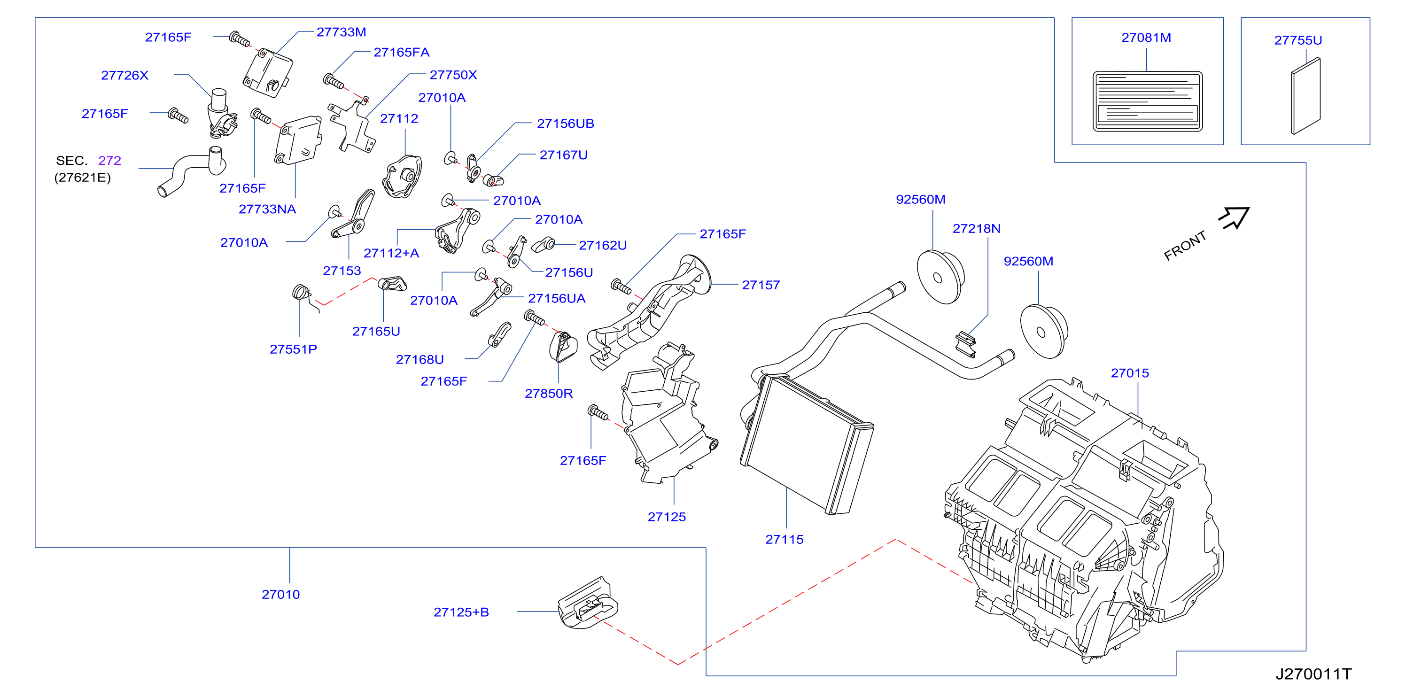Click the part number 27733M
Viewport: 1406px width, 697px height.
click(341, 32)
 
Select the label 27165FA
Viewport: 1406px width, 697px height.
click(401, 53)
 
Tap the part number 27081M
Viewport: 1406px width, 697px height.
click(1146, 38)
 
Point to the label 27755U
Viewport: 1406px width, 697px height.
click(1298, 40)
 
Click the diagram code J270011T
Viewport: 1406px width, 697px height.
click(1313, 674)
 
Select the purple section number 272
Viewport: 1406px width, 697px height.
click(110, 161)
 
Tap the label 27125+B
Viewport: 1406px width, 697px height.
click(461, 612)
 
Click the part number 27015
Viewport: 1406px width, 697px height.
click(1130, 373)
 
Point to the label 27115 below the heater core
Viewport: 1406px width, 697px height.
click(785, 540)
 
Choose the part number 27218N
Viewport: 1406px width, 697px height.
click(977, 229)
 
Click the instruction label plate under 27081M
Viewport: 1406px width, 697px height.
click(1147, 101)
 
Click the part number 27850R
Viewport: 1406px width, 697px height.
click(549, 394)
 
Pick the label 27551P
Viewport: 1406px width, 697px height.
click(293, 349)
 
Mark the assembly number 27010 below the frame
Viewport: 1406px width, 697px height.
click(280, 595)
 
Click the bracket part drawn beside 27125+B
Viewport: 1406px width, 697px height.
click(588, 604)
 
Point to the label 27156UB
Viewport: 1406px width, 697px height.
click(566, 124)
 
